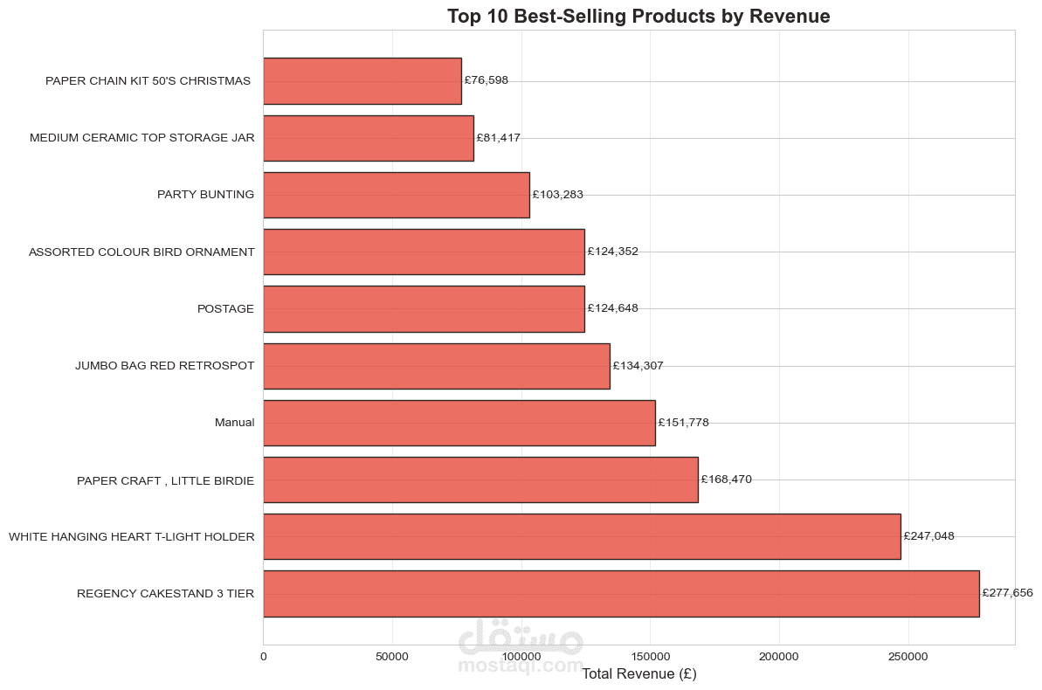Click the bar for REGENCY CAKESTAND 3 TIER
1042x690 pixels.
click(620, 594)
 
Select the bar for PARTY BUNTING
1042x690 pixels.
click(396, 195)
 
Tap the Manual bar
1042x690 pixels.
click(459, 423)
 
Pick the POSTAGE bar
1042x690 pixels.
click(424, 308)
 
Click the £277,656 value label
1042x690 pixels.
click(1007, 593)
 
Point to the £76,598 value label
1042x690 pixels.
click(486, 80)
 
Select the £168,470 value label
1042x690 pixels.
click(726, 480)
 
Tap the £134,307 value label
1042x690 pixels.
click(638, 366)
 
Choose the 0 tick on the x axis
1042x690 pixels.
click(263, 656)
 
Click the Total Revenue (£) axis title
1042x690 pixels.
click(638, 674)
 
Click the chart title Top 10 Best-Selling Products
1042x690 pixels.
click(638, 16)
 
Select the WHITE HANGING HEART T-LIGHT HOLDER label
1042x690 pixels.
click(132, 536)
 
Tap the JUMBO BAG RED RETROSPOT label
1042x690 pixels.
click(165, 366)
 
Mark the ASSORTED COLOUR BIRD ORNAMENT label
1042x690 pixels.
click(141, 252)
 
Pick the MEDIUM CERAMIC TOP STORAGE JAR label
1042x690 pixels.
click(142, 138)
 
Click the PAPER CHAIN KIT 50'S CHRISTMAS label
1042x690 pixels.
click(148, 81)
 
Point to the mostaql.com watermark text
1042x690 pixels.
click(521, 666)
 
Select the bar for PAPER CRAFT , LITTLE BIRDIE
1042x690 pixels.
click(480, 480)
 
